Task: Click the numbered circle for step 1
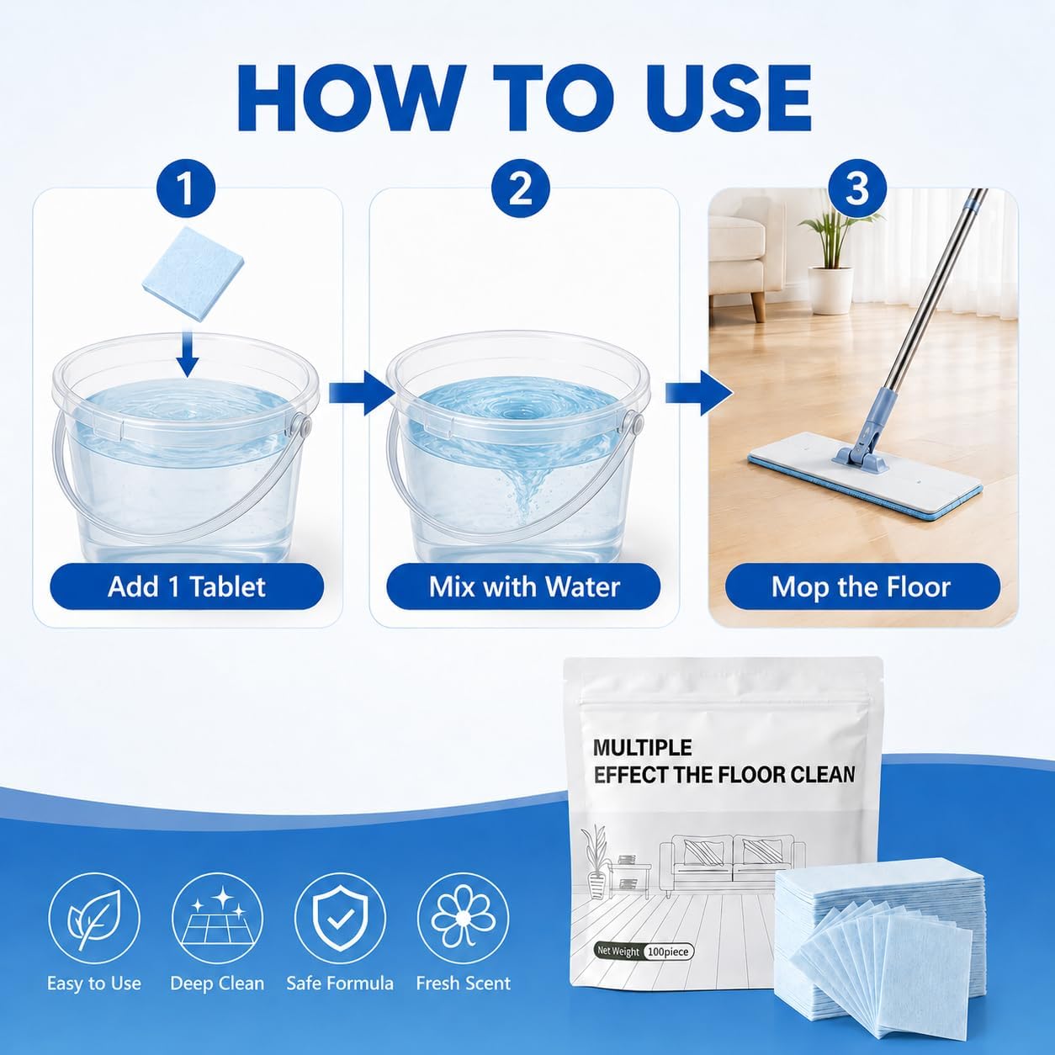[x=187, y=189]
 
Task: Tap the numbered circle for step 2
[x=520, y=189]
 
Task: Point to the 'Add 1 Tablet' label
[x=187, y=586]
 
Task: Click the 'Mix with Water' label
[x=524, y=586]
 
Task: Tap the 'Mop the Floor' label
[x=861, y=586]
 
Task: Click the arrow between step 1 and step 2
[x=362, y=393]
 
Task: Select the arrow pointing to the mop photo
[x=699, y=393]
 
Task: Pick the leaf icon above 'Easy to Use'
[x=93, y=920]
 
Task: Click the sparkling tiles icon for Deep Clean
[x=217, y=920]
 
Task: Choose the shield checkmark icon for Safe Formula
[x=340, y=920]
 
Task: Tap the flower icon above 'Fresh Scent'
[x=464, y=920]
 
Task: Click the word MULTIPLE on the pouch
[x=642, y=748]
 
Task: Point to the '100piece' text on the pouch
[x=668, y=952]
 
